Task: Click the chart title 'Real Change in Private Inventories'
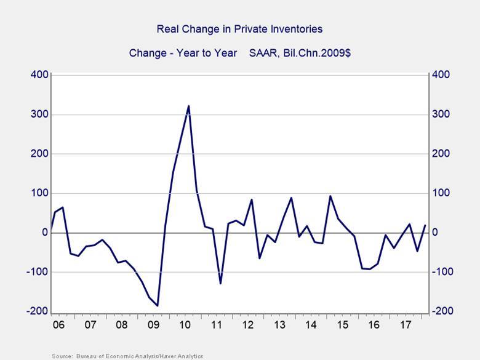pos(239,29)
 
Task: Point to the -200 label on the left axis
pos(36,311)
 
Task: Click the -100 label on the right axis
pos(443,272)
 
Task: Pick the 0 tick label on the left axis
pos(45,233)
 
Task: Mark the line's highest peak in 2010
pos(188,106)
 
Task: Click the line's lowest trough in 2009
pos(158,305)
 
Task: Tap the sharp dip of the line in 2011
pos(220,283)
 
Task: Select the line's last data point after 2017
pos(425,225)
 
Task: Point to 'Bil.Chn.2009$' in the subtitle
pos(320,53)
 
